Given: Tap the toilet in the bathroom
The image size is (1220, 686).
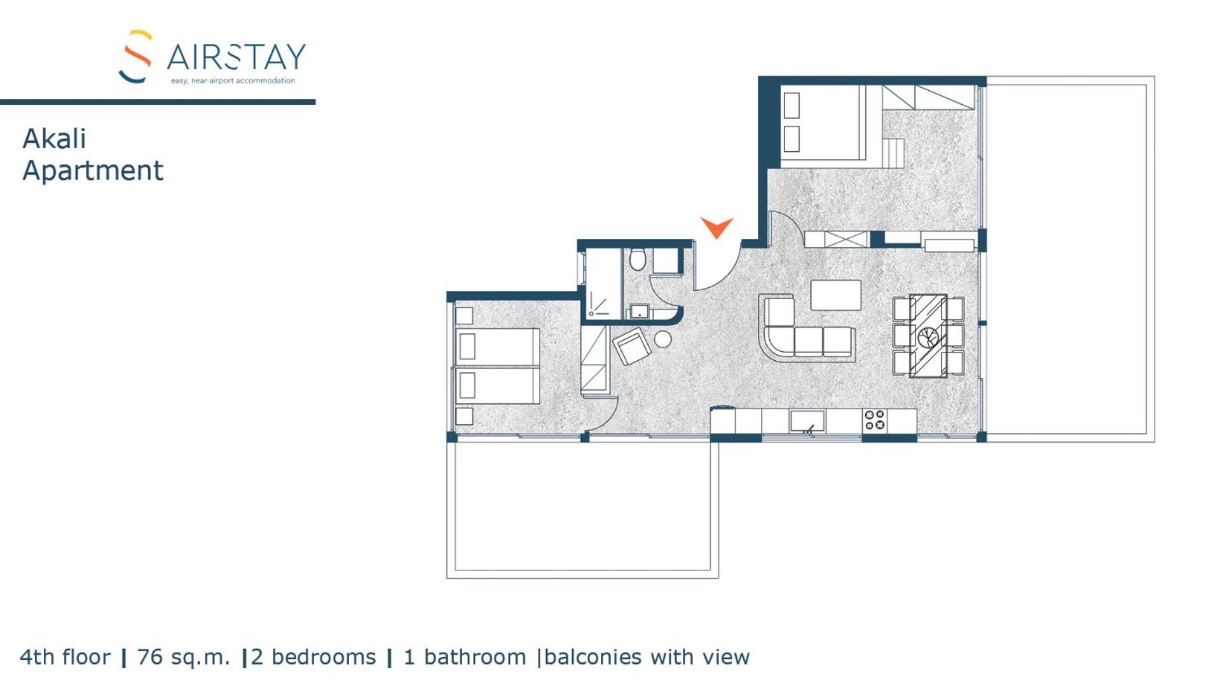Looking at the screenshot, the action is [x=638, y=259].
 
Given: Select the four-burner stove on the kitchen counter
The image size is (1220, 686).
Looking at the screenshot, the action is [x=875, y=420].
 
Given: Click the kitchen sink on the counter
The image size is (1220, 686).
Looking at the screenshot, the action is [x=807, y=420].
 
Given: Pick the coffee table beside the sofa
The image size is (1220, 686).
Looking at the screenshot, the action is [x=835, y=295].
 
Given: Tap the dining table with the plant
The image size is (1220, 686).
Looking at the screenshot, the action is [x=928, y=335].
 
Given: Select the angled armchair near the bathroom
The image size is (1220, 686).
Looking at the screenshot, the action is [x=631, y=346].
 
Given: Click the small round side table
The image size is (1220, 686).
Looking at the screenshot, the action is [x=662, y=339].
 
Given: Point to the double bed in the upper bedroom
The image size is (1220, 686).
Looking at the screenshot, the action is [x=823, y=123].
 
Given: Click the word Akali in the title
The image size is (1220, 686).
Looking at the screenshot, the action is [x=54, y=139].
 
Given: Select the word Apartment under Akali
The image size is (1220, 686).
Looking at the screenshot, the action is [x=93, y=171].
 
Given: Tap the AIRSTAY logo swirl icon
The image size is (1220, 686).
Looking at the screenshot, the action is [x=135, y=56].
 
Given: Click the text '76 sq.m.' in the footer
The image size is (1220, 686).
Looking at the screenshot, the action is [x=183, y=657].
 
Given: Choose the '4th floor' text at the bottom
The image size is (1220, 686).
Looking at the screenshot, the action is [x=65, y=657].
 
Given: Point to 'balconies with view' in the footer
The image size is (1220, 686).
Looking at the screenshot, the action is [x=647, y=657].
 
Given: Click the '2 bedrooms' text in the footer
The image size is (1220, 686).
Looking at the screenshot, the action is [x=313, y=657].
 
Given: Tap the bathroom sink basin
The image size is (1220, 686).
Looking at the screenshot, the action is [x=639, y=311].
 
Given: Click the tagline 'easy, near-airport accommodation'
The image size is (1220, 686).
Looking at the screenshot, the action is [x=233, y=81].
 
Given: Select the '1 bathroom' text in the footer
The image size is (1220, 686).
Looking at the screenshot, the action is [x=465, y=657].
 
